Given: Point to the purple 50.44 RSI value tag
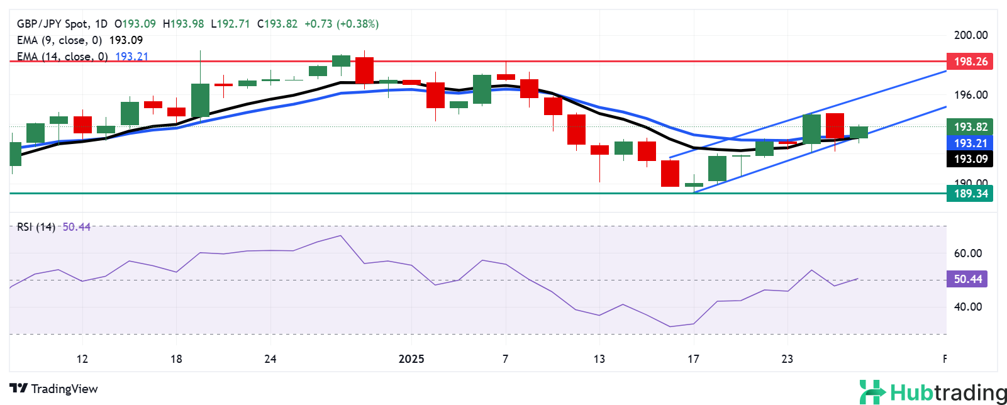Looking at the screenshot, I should (967, 279).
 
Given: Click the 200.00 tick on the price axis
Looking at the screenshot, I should (971, 35).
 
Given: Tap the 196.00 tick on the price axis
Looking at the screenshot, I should (971, 95).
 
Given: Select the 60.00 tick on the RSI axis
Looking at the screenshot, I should (967, 253).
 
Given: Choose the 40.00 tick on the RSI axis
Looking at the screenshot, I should (967, 307).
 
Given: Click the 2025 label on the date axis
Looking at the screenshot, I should (411, 359).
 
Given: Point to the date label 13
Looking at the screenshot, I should (599, 359).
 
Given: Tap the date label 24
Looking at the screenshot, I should (270, 359).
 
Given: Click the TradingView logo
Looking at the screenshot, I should (54, 389).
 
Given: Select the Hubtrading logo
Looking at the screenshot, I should (932, 392).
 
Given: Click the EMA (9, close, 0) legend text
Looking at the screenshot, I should (59, 40).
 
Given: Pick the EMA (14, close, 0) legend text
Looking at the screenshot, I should (62, 57).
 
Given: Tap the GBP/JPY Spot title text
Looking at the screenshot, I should (53, 24).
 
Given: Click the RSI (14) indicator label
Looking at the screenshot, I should (36, 227).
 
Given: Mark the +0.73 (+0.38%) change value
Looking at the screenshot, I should (342, 24).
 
